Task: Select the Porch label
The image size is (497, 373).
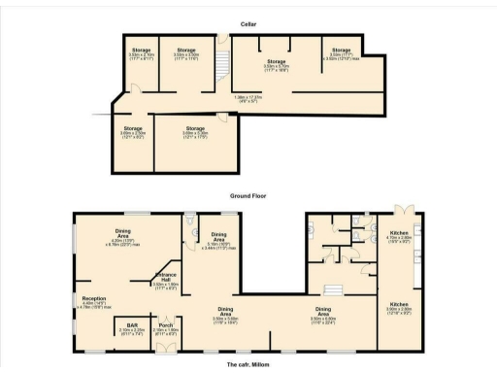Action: [x=167, y=327]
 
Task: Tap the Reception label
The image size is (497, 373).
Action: [x=94, y=301]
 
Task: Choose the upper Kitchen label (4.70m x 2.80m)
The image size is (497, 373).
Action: [x=399, y=236]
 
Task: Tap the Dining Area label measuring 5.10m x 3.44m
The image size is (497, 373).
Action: [x=219, y=240]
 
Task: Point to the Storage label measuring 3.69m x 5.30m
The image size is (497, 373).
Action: [x=195, y=131]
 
